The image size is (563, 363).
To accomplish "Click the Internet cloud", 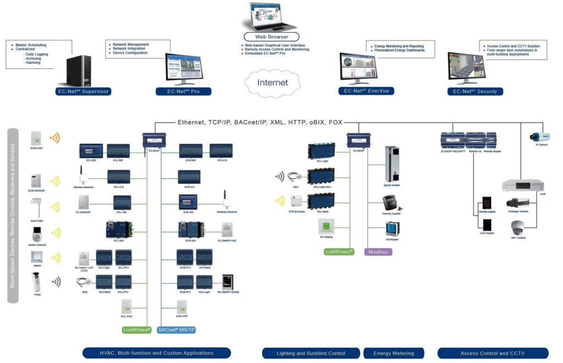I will (x=273, y=83).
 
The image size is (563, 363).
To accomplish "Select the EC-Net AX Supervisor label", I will (x=83, y=91).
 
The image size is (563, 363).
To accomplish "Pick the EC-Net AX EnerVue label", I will (x=366, y=91).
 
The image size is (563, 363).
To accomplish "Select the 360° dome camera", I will (x=518, y=227).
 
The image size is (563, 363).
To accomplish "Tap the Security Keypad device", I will (x=487, y=203).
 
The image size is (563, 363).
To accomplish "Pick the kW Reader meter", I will (x=391, y=229).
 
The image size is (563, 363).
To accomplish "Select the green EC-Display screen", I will (x=326, y=226).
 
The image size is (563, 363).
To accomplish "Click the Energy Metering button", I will (x=394, y=353).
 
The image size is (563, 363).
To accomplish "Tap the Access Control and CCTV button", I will (x=493, y=353).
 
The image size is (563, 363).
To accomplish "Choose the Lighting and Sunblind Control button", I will (x=311, y=353).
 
